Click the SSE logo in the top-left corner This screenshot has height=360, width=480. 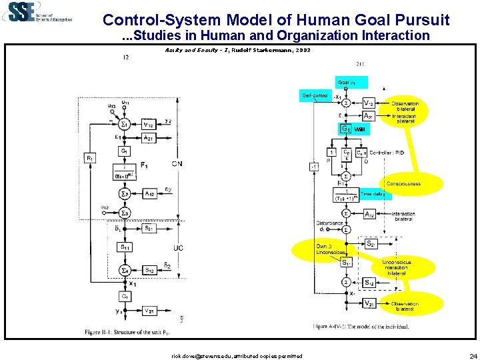click(x=37, y=13)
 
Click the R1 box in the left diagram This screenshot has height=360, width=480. click(x=89, y=159)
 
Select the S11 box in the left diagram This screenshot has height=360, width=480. click(x=125, y=247)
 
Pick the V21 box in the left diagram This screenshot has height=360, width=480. click(x=150, y=310)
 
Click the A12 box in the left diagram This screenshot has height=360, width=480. click(x=151, y=193)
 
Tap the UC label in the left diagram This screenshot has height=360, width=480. click(x=178, y=248)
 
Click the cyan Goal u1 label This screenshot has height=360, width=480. click(x=351, y=83)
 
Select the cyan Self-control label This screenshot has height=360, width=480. click(x=314, y=96)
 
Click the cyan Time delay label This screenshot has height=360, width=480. click(x=374, y=194)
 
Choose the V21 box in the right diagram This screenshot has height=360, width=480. click(x=367, y=303)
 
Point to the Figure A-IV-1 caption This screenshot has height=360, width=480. click(x=361, y=326)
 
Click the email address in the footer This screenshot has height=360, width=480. click(x=237, y=356)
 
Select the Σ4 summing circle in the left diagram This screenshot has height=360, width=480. click(x=125, y=270)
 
